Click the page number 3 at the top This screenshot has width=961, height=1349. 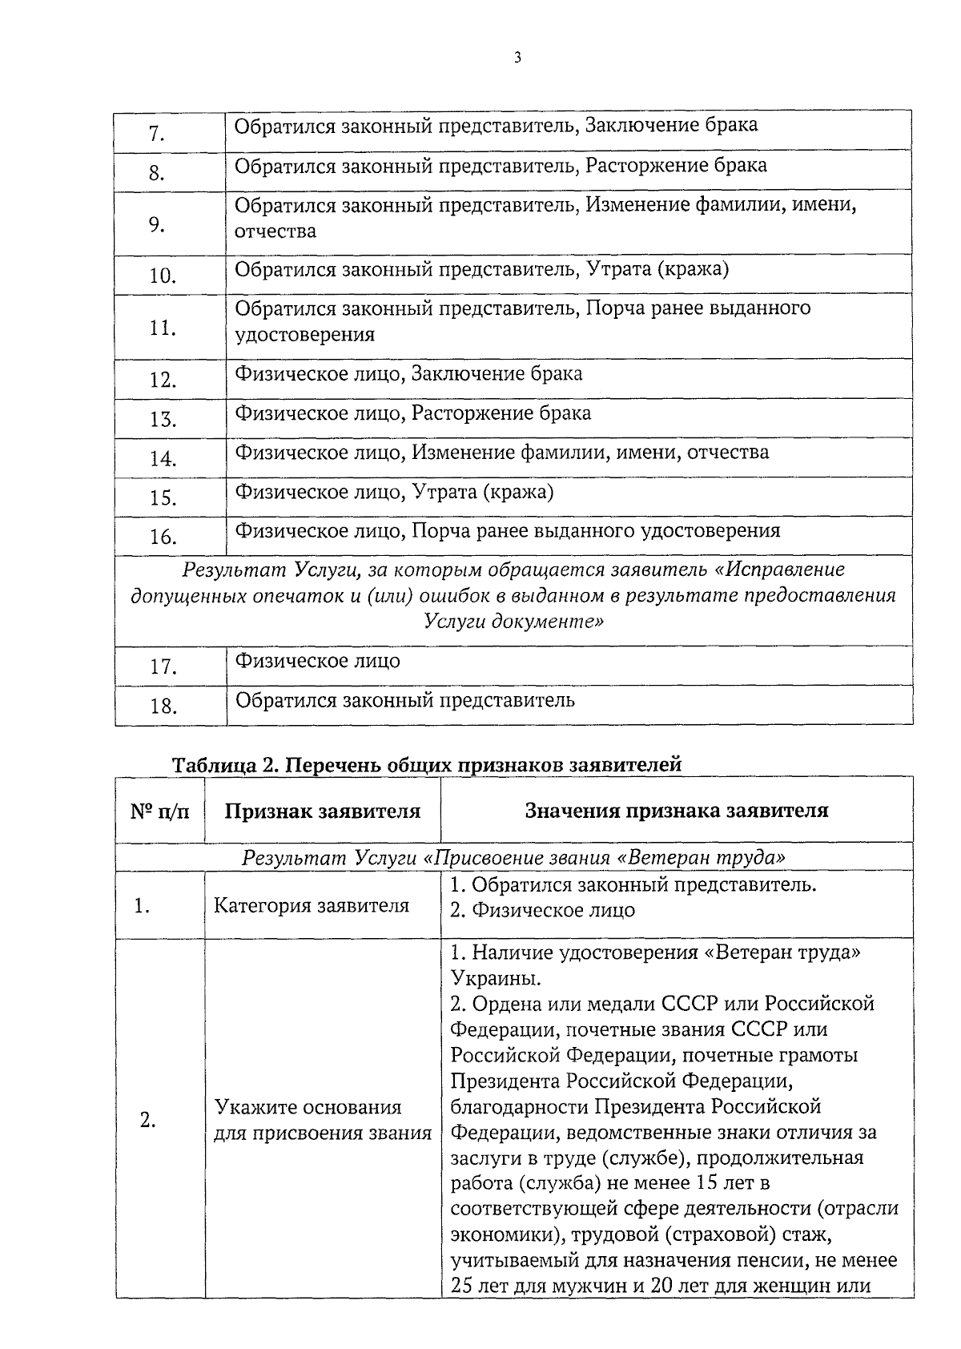(518, 57)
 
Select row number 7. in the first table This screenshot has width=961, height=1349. (156, 134)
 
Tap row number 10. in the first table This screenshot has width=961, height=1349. (162, 276)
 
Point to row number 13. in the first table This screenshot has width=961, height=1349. (162, 420)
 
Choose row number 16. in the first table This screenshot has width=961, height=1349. (162, 538)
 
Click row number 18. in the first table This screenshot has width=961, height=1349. (162, 707)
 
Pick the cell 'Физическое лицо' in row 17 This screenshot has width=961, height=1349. (317, 662)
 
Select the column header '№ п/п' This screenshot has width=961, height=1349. (160, 811)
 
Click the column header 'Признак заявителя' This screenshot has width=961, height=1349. (322, 811)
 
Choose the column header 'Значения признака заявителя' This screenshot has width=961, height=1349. (677, 811)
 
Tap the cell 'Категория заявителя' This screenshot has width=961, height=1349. (312, 906)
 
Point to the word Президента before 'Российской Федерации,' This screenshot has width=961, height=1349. (505, 1081)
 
